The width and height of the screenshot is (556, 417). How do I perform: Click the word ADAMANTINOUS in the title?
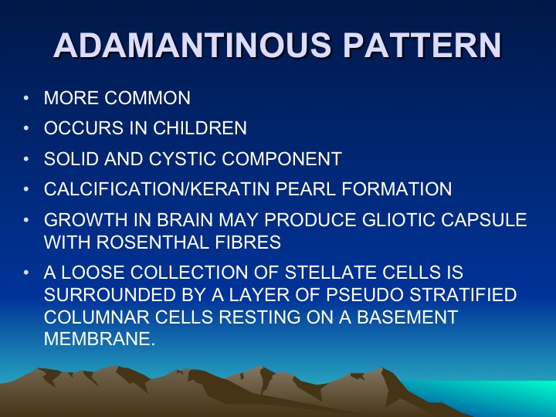point(192,45)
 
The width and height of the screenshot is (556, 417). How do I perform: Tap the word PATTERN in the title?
point(422,45)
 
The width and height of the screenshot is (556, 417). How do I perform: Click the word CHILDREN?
point(200,128)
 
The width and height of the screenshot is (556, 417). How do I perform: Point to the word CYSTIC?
point(182,158)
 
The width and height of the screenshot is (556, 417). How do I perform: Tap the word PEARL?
point(305,189)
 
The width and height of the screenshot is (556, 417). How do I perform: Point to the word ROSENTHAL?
point(152,242)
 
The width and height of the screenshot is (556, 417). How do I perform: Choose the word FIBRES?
point(248,242)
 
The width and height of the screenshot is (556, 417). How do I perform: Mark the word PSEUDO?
point(364,295)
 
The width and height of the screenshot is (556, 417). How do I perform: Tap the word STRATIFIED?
point(463,295)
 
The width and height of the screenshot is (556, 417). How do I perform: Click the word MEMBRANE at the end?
point(100,339)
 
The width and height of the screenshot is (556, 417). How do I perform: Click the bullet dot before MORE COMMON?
point(26,98)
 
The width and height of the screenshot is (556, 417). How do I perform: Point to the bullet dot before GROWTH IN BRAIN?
point(26,220)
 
